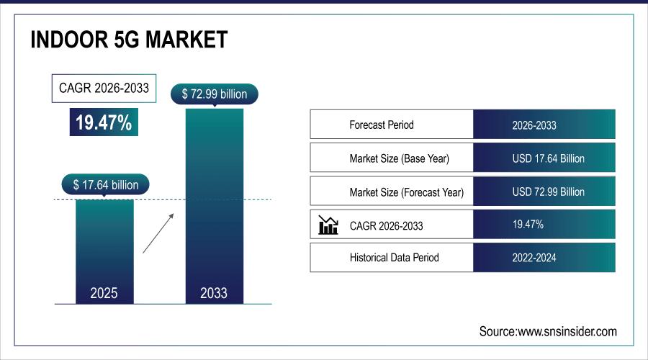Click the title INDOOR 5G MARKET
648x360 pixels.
tap(130, 41)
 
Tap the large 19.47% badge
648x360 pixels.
tap(104, 122)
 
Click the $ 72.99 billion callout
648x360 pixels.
tap(214, 94)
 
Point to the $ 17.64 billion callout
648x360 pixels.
tap(105, 184)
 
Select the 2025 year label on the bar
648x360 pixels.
tap(104, 293)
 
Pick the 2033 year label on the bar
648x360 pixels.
tap(214, 293)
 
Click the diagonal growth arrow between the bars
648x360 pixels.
tap(158, 233)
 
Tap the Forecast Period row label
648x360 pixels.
tap(382, 125)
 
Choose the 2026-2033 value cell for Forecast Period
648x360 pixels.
tap(544, 125)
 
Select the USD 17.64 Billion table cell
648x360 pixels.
tap(544, 158)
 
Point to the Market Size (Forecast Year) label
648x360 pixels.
tap(406, 192)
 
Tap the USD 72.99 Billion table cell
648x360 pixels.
tap(544, 192)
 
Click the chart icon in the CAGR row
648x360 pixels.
tap(328, 225)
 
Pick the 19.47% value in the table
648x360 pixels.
tap(528, 225)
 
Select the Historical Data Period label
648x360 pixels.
tap(394, 257)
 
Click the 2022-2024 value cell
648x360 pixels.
tap(544, 257)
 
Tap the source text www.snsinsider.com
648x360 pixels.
tap(548, 331)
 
